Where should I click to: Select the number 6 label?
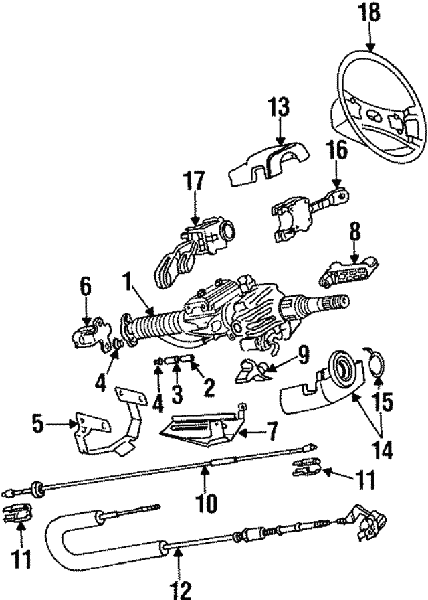[86, 286]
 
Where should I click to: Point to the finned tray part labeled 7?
[201, 429]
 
